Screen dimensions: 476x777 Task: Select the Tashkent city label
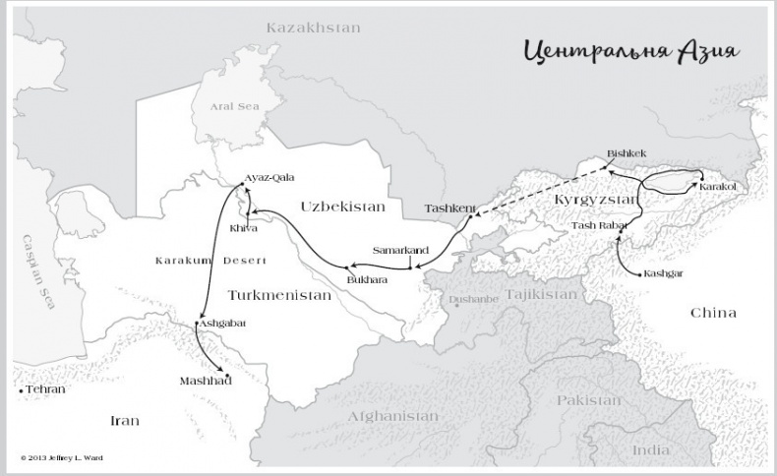pos(449,208)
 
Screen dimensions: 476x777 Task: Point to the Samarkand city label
pos(401,251)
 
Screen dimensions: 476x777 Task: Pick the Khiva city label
pos(243,228)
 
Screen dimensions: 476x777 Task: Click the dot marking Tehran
pos(21,390)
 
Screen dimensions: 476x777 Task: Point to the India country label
pos(650,449)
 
